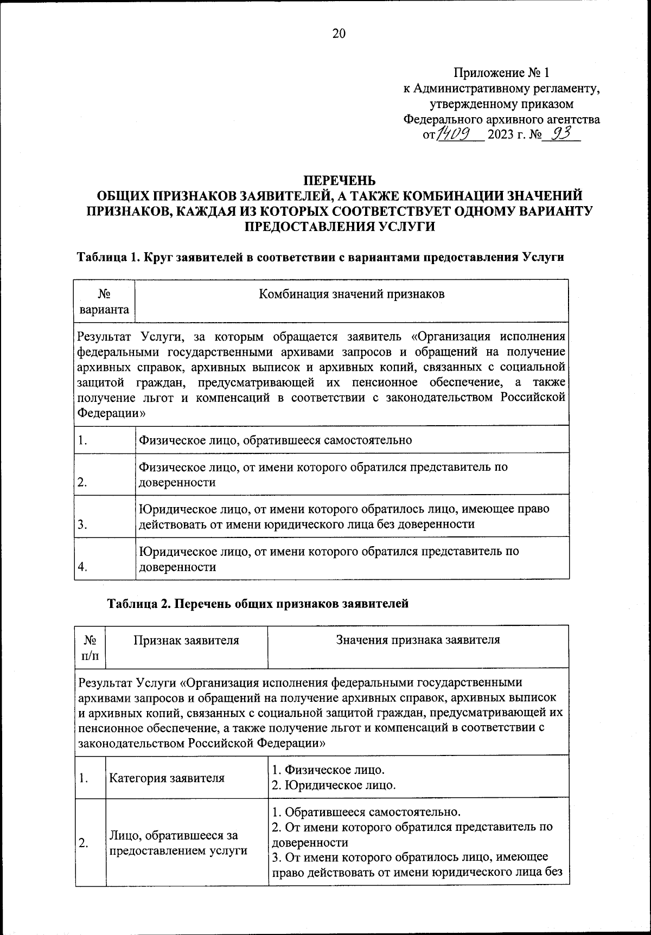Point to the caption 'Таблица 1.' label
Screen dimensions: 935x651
tap(108, 257)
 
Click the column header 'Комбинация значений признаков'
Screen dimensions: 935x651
tap(352, 294)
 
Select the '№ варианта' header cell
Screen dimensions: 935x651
tap(104, 302)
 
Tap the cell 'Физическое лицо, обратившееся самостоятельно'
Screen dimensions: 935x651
tap(276, 440)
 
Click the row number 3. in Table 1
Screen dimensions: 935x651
tap(83, 524)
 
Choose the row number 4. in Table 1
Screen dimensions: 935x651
tap(83, 567)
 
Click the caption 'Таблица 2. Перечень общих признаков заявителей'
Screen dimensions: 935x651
tap(258, 603)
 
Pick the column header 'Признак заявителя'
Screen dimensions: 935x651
tap(187, 640)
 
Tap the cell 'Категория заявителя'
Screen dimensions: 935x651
tap(167, 778)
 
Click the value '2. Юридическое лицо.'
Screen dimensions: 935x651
tap(334, 785)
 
